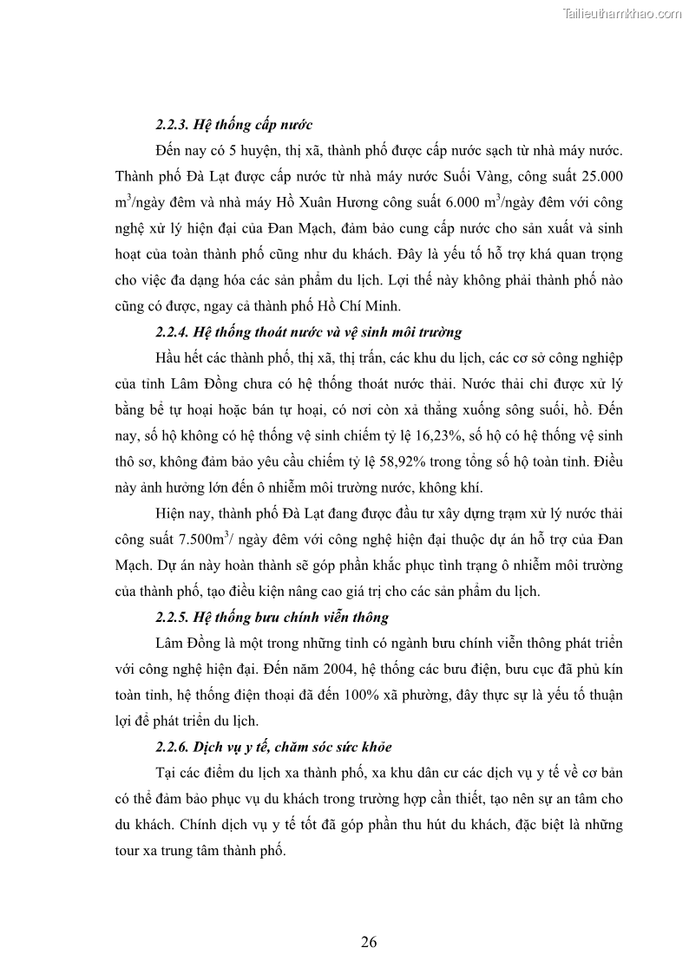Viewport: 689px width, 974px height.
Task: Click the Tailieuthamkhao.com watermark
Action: point(622,14)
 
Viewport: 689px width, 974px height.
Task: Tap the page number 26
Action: point(369,943)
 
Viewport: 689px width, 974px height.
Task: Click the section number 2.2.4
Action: point(172,331)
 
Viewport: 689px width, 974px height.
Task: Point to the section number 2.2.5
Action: point(172,618)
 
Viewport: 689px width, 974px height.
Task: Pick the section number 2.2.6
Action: point(172,747)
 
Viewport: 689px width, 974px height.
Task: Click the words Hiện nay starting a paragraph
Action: point(184,513)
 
